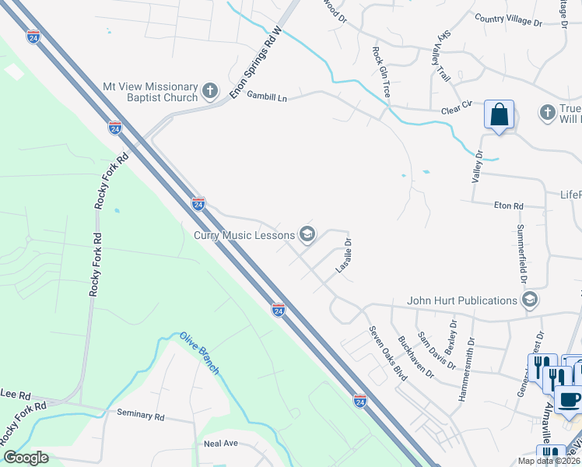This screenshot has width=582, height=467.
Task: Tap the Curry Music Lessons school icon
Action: point(307,234)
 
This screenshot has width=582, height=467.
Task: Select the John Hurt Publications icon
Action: point(530,300)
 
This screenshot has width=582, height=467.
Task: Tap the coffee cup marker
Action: point(568,399)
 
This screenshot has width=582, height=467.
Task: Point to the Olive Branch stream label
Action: point(200,353)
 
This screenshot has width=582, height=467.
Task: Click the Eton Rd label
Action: point(509,206)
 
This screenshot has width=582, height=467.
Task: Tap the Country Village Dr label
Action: point(507,19)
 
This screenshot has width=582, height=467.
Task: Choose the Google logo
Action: point(26,458)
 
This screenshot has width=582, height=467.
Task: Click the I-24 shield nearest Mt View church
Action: point(114,127)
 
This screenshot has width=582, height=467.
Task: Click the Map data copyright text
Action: point(548,461)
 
